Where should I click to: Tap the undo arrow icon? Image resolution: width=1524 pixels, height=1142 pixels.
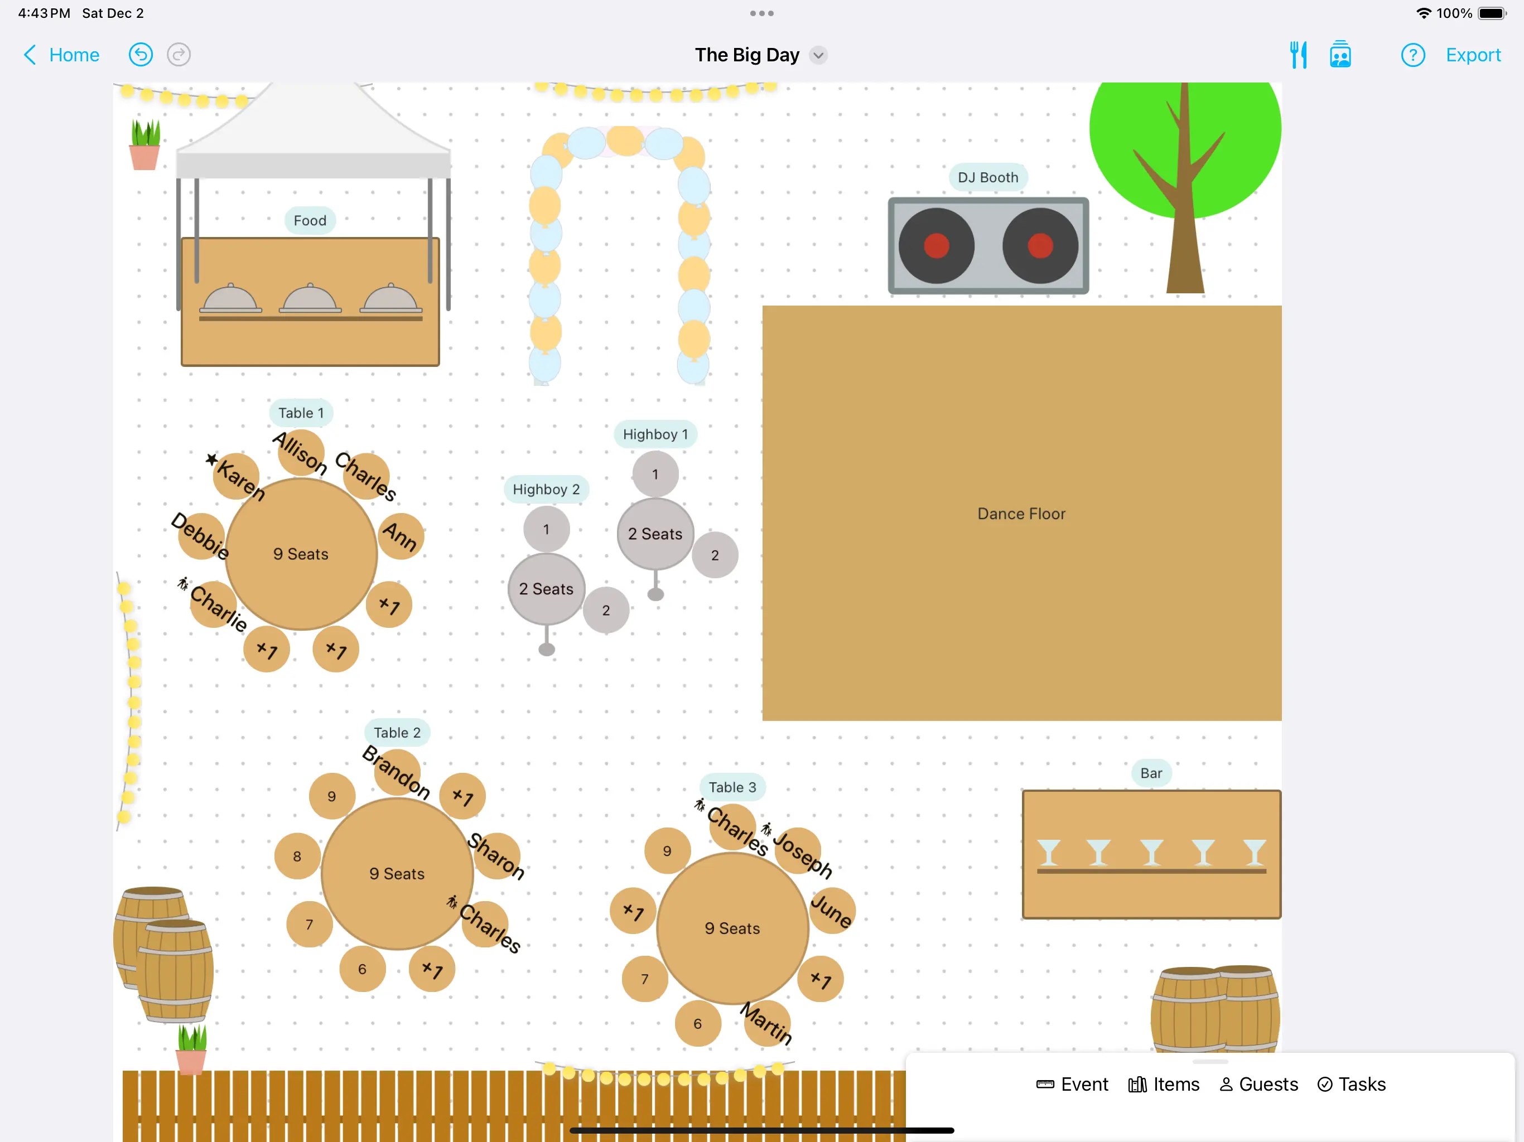click(141, 55)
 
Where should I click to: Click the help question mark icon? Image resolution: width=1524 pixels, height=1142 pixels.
click(1412, 55)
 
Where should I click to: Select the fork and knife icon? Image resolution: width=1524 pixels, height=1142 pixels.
click(1298, 55)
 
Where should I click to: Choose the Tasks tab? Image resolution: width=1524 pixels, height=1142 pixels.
click(1351, 1084)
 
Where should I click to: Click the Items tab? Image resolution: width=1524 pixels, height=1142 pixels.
click(1164, 1084)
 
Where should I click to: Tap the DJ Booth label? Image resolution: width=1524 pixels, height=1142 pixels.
click(987, 178)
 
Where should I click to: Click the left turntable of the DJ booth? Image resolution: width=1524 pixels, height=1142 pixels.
click(936, 246)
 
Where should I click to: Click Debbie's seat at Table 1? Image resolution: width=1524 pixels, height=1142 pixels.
click(201, 536)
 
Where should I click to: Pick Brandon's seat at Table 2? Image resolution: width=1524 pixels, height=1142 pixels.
click(397, 771)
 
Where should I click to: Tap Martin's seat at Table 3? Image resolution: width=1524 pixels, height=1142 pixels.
click(768, 1023)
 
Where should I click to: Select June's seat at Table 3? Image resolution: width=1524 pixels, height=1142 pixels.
click(832, 911)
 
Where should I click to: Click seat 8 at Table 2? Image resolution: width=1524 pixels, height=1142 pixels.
click(297, 856)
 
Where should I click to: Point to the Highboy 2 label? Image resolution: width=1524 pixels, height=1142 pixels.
click(546, 490)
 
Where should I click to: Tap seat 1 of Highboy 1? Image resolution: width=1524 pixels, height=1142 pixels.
click(655, 475)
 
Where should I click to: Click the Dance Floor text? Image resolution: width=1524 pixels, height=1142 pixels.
click(1021, 514)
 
